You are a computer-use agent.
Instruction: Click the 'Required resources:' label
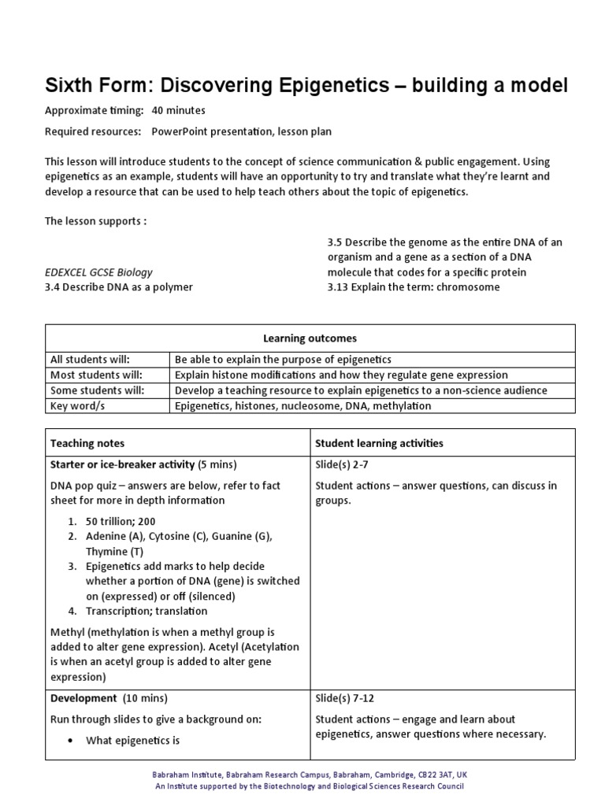point(93,131)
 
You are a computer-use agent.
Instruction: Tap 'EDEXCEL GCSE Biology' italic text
point(98,272)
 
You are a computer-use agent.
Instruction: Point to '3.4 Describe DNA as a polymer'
point(119,287)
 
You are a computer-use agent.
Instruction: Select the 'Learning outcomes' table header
point(310,338)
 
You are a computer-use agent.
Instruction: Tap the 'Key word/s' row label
point(77,406)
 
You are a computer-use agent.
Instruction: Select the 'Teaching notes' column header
point(87,443)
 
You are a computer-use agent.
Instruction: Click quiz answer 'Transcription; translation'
point(147,611)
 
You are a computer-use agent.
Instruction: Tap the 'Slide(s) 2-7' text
point(342,464)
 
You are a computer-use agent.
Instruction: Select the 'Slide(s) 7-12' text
point(345,698)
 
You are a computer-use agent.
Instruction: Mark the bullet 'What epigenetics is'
point(132,740)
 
